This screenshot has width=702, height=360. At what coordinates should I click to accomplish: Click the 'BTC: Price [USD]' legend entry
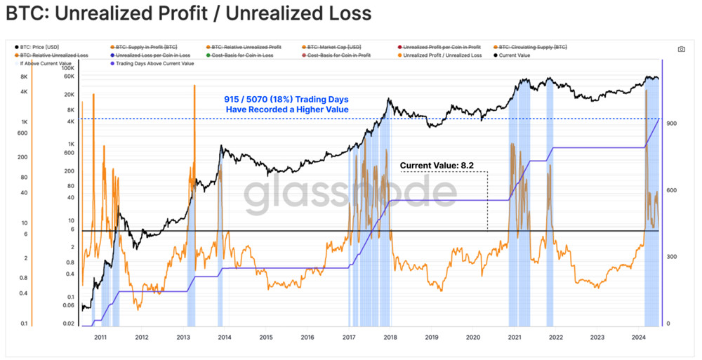(x=42, y=46)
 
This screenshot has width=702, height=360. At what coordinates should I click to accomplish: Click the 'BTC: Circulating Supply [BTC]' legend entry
(x=534, y=46)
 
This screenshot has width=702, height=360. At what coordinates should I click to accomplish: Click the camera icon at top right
(x=681, y=49)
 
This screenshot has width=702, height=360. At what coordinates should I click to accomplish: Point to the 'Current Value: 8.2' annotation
(x=437, y=166)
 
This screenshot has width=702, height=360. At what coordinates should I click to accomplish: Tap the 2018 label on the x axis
(x=390, y=338)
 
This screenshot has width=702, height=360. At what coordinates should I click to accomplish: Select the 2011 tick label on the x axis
(x=100, y=338)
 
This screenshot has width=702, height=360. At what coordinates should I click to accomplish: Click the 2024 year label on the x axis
(x=638, y=338)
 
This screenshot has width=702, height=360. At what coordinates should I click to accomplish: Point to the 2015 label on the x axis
(x=266, y=338)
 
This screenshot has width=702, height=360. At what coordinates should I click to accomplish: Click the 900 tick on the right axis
(x=671, y=124)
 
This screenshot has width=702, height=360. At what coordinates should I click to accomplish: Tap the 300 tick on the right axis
(x=671, y=257)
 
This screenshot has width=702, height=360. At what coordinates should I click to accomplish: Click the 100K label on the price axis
(x=69, y=68)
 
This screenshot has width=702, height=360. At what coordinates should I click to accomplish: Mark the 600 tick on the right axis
(x=671, y=190)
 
